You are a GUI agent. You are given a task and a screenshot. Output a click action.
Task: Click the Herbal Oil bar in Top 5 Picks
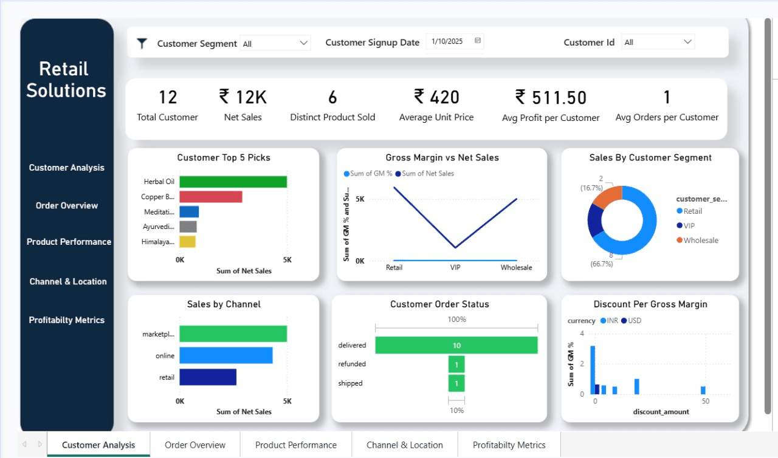233,182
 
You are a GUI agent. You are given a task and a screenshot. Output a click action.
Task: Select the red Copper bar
210,197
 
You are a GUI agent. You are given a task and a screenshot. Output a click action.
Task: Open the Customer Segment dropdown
275,43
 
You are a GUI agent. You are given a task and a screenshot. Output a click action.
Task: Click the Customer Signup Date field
454,41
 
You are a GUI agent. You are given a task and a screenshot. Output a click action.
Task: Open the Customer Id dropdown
658,42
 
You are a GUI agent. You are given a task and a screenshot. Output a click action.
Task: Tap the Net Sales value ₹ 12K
243,97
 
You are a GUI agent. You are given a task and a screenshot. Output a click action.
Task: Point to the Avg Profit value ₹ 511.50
551,98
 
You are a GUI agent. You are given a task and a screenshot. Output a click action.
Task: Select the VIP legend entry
689,225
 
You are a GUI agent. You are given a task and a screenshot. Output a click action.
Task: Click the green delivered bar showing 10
456,345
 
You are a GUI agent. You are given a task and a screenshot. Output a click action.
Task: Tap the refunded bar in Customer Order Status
456,364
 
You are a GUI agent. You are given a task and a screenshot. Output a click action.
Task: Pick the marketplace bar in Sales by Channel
233,334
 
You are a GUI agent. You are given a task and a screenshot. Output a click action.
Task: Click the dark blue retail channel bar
208,377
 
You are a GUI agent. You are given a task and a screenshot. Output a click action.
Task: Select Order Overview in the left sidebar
67,205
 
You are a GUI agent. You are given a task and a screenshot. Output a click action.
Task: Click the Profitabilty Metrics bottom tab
509,445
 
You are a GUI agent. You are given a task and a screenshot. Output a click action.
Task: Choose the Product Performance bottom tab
296,445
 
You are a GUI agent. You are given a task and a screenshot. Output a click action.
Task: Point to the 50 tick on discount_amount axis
705,402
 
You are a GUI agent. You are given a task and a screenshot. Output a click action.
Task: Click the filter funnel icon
142,43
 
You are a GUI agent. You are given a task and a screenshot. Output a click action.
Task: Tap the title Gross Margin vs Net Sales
442,157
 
